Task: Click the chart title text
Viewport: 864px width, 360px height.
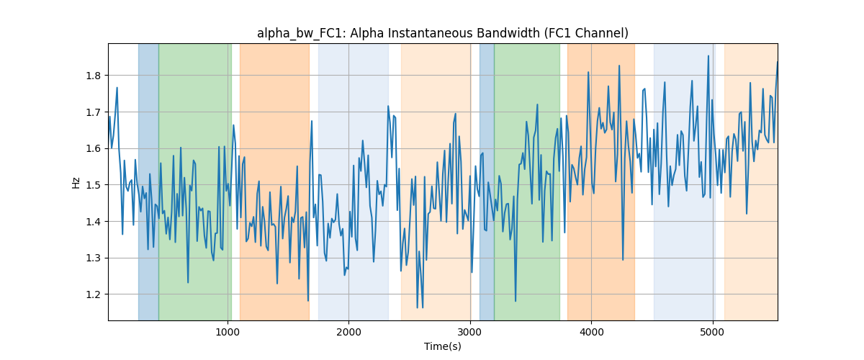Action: [x=442, y=34]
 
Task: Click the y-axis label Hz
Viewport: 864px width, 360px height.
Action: [x=76, y=182]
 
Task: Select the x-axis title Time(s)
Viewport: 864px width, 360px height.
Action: [x=442, y=346]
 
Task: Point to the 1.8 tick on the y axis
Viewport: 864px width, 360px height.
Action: [x=93, y=76]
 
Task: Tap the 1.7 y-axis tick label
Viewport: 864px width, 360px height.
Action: [x=93, y=112]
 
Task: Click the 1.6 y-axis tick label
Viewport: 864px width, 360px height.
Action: [x=93, y=148]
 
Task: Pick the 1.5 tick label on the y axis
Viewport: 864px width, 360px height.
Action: [x=93, y=185]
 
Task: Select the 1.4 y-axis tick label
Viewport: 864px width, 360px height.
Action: [x=93, y=222]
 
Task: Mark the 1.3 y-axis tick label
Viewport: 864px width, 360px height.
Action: [x=93, y=258]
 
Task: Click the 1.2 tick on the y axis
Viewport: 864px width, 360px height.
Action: [x=93, y=294]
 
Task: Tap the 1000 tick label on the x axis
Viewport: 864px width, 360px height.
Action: [x=228, y=332]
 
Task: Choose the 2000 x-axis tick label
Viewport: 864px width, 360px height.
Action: [x=348, y=332]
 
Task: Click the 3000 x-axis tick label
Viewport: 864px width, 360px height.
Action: [x=470, y=332]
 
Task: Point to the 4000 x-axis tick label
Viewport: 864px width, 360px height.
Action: [x=591, y=332]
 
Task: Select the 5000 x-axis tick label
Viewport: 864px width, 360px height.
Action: [x=712, y=332]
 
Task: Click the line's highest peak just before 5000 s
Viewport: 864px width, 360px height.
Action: [x=708, y=56]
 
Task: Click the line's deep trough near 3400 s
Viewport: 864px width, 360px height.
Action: [x=516, y=300]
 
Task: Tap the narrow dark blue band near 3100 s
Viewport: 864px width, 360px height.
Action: [x=487, y=181]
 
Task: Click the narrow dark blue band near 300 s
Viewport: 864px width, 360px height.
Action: [x=148, y=181]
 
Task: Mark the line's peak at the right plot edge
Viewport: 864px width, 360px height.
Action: [x=777, y=62]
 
